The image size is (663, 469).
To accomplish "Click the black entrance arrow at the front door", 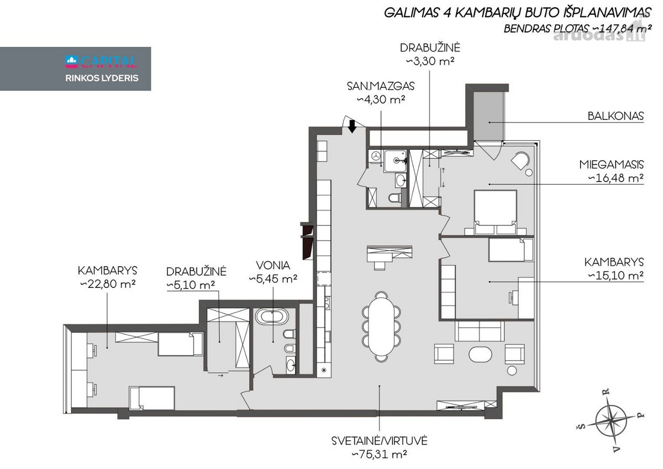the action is (352, 127).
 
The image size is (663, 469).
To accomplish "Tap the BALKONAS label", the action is (615, 116).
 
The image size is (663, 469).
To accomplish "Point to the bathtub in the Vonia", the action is (272, 317).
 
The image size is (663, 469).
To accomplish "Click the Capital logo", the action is (101, 61).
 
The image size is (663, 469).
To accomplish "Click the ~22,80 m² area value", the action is (108, 284).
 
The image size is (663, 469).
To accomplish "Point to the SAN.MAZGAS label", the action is (381, 86).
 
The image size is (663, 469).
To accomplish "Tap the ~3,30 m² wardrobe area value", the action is (430, 61).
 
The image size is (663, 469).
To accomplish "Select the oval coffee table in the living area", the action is (480, 354).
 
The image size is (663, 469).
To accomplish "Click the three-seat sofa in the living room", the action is (479, 331).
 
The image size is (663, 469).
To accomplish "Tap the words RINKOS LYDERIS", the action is (102, 78).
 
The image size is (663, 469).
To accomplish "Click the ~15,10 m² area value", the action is (615, 276).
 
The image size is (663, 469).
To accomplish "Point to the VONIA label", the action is (273, 265).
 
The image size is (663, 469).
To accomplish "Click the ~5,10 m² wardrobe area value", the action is (191, 285).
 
